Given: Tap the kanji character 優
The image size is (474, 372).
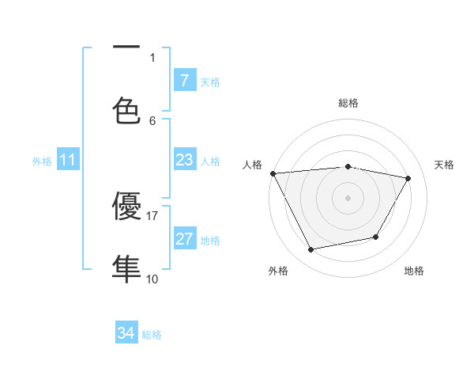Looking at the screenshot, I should (127, 208).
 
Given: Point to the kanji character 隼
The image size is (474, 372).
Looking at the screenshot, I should (127, 268).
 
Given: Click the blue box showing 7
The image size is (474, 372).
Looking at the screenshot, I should (184, 80).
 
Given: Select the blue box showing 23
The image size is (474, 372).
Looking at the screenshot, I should (184, 160).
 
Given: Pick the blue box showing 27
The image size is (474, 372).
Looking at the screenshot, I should (184, 239).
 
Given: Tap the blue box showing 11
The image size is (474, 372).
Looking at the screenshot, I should (68, 160).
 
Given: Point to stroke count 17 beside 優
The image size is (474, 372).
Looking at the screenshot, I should (152, 215).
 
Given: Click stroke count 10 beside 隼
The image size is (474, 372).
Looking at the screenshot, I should (152, 279).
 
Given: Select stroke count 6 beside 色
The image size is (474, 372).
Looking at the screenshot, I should (152, 120).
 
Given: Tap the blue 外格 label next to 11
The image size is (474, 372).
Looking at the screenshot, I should (42, 161).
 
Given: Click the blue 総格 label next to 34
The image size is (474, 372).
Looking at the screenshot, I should (152, 335).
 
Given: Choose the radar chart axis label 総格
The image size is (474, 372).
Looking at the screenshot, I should (348, 103).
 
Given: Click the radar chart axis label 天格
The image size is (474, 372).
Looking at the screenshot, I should (445, 165).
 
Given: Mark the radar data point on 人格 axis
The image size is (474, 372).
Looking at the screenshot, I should (273, 173).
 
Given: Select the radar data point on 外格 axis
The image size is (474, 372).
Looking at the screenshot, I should (310, 250).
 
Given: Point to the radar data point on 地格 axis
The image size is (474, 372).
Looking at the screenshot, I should (376, 237).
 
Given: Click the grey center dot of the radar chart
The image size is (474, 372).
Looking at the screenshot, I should (348, 198).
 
